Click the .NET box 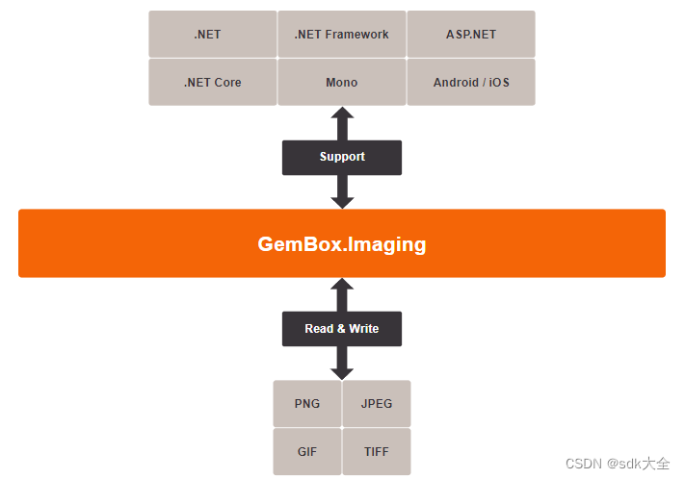tap(207, 35)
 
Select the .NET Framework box tap(342, 35)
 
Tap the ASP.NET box tap(471, 35)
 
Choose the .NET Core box tap(212, 83)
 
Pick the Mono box tap(342, 83)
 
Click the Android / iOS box tap(471, 83)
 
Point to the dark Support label tap(342, 157)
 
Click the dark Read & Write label tap(342, 329)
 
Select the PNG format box tap(307, 404)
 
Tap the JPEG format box tap(377, 404)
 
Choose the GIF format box tap(307, 451)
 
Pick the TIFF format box tap(377, 451)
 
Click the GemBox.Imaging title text tap(342, 244)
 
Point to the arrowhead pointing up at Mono tap(342, 113)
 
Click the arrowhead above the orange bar tap(342, 201)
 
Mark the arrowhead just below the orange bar tap(342, 286)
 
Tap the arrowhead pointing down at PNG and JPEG tap(342, 371)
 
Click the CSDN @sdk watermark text tap(617, 464)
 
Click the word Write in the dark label tap(364, 329)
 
